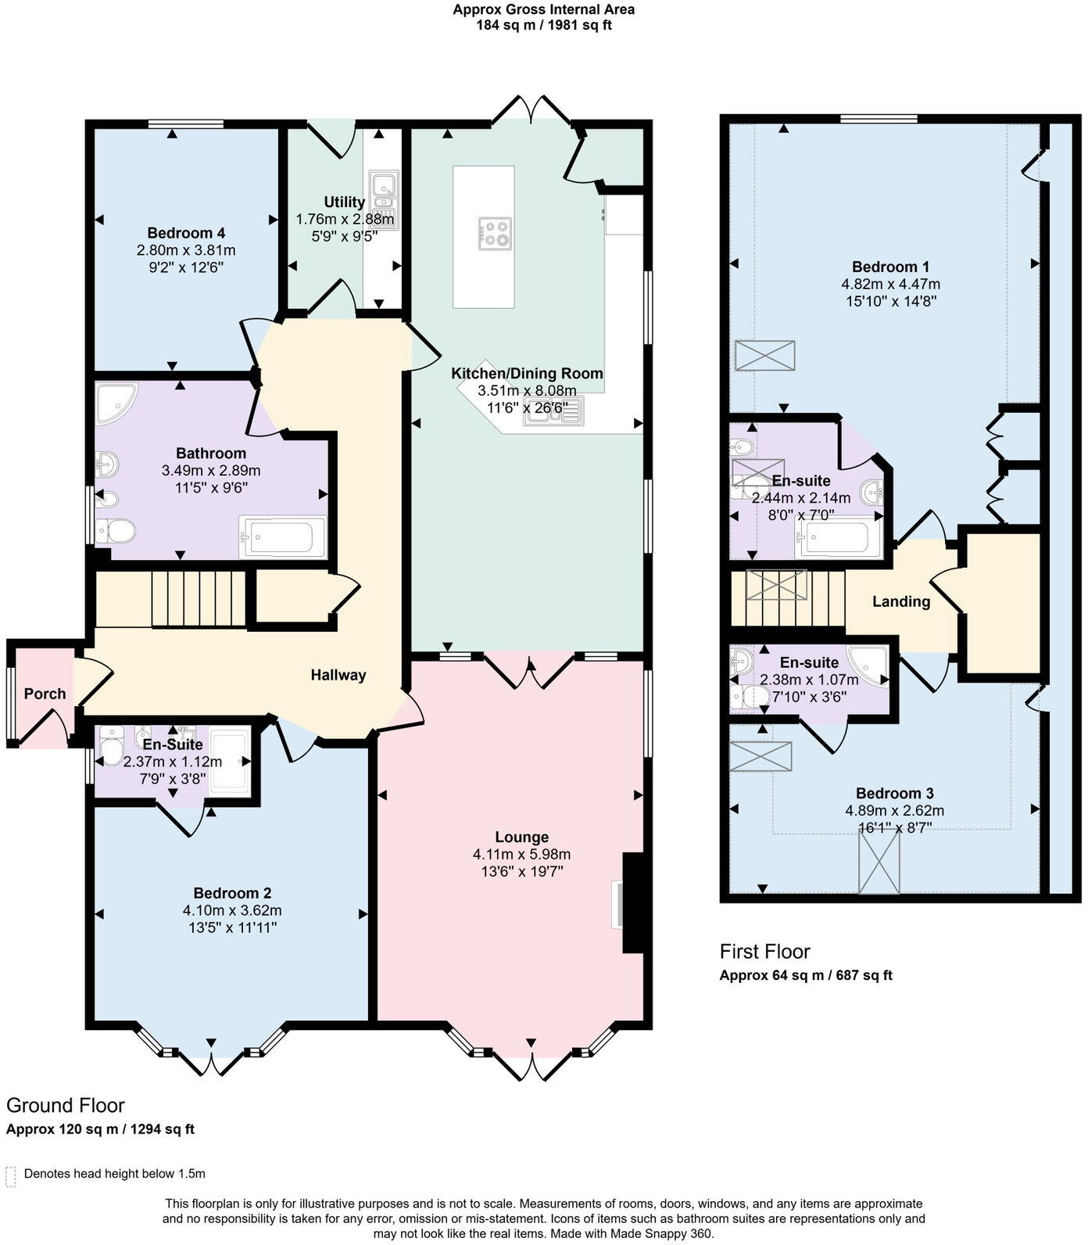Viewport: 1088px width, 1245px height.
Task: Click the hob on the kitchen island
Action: [x=495, y=234]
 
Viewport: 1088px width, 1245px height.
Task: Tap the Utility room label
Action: [x=345, y=203]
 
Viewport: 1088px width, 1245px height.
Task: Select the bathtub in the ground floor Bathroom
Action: [x=282, y=537]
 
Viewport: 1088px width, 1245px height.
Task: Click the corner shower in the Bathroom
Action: [x=116, y=403]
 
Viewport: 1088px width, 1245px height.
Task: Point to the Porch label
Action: [x=45, y=694]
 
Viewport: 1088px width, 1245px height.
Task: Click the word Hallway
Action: [x=338, y=675]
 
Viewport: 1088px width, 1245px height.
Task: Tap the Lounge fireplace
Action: [x=632, y=903]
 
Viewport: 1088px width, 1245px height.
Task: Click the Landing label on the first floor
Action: [x=901, y=601]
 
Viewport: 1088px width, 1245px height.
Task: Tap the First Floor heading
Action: [x=764, y=952]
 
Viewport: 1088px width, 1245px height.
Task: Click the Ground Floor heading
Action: [x=66, y=1106]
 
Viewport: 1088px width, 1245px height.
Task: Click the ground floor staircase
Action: [x=199, y=598]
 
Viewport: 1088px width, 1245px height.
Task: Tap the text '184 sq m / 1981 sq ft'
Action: [x=544, y=25]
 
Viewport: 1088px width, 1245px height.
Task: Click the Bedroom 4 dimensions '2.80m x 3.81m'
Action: [x=186, y=250]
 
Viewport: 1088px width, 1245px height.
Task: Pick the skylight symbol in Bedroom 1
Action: [x=764, y=355]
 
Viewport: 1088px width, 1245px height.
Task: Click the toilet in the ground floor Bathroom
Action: [x=115, y=532]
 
